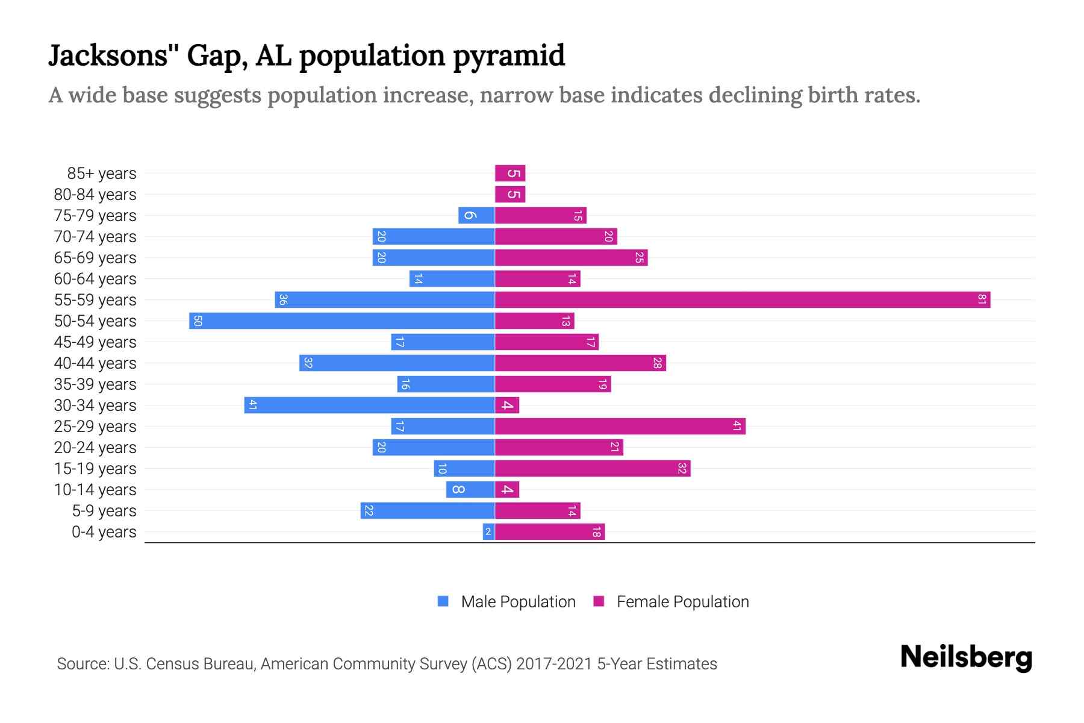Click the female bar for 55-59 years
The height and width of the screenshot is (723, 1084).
point(742,299)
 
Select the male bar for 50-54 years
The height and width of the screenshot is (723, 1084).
point(342,321)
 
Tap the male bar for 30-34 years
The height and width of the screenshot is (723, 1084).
point(369,405)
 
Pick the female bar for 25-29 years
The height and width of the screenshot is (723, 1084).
point(620,426)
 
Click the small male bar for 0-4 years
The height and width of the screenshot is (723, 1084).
point(488,531)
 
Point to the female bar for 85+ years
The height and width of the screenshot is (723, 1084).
point(510,173)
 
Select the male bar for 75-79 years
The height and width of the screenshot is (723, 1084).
point(476,215)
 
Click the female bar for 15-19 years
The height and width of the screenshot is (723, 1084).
point(593,468)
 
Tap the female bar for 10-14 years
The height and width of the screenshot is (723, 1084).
point(507,489)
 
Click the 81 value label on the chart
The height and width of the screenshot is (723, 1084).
point(982,299)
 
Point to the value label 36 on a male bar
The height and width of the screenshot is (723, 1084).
point(283,299)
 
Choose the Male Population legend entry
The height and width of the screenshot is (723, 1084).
point(518,601)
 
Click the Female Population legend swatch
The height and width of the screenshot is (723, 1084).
point(599,601)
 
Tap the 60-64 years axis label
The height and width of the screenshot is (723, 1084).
point(95,278)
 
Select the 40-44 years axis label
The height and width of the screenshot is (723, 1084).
point(95,363)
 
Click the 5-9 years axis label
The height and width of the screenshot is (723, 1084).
point(104,510)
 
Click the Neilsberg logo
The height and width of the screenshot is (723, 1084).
point(966,657)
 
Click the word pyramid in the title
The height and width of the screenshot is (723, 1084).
point(509,55)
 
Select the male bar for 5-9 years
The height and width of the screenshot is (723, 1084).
point(428,510)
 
